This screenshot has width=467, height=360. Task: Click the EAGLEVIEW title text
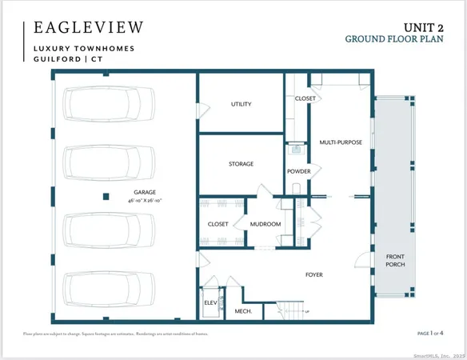click(x=88, y=27)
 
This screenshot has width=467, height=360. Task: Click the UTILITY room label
click(x=241, y=104)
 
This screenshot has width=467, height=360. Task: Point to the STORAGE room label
click(x=241, y=164)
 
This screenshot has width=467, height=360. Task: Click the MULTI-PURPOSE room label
click(x=341, y=142)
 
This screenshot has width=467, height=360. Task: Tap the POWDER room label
click(x=298, y=172)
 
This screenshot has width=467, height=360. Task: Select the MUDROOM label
click(x=265, y=224)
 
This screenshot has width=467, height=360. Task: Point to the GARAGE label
click(x=146, y=192)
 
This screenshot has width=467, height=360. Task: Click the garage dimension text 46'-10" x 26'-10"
click(x=146, y=202)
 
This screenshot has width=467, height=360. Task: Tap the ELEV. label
click(x=210, y=302)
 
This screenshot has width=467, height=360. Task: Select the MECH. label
click(x=243, y=310)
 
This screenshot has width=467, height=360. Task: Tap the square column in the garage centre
click(x=105, y=195)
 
